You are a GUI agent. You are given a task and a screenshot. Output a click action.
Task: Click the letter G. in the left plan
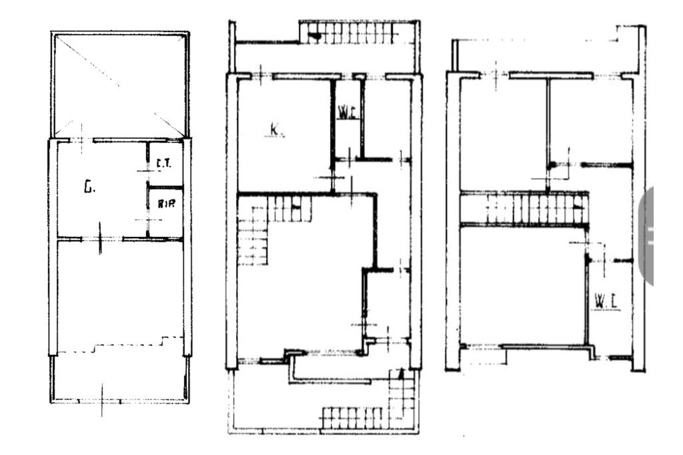pos(89,188)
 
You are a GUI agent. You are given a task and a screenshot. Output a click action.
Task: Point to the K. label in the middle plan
pos(275,129)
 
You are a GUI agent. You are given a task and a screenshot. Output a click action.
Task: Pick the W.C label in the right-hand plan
pos(604,302)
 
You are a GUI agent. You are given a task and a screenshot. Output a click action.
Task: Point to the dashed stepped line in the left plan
pos(120,345)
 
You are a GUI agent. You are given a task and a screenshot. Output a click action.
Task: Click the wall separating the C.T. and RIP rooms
pos(165,185)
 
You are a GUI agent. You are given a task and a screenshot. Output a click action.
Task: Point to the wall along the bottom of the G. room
pos(100,238)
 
